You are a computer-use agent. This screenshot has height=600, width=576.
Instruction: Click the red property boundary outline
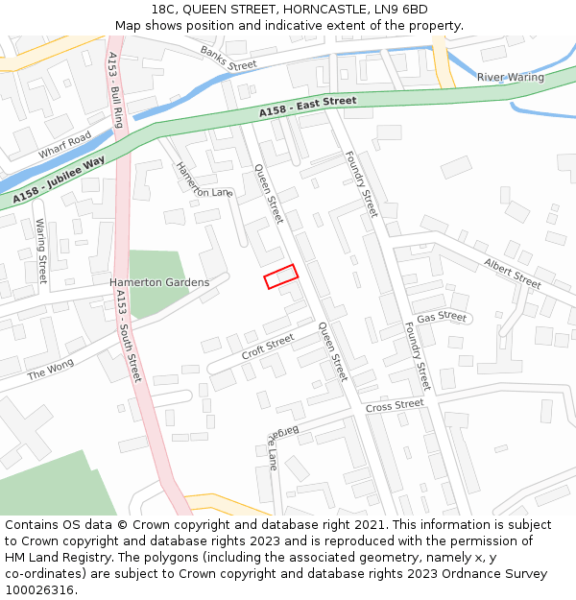click(281, 276)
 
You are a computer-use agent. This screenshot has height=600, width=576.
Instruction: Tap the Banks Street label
click(228, 58)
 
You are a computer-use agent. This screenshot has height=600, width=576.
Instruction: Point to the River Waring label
click(510, 77)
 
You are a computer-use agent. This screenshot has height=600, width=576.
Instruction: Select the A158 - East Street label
click(307, 107)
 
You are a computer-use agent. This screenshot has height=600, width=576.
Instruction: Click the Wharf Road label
click(64, 145)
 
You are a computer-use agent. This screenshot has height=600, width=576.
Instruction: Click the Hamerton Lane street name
click(204, 180)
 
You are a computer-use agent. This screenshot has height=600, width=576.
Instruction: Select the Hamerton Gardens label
click(158, 282)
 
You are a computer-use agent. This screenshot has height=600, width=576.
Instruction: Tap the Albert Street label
click(513, 273)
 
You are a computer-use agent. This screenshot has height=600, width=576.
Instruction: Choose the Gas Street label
click(442, 317)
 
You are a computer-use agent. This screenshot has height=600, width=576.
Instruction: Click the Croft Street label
click(268, 347)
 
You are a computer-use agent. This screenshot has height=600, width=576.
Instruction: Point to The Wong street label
click(50, 371)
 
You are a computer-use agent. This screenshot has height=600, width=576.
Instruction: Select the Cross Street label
click(394, 406)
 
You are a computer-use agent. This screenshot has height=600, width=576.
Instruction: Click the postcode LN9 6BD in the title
click(400, 10)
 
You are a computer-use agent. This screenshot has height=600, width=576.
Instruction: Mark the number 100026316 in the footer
click(39, 589)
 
